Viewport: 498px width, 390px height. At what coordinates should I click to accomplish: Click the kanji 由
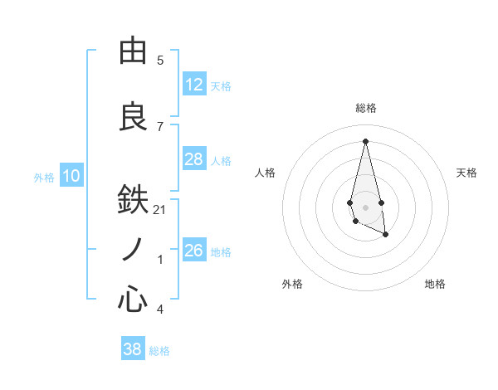tap(133, 51)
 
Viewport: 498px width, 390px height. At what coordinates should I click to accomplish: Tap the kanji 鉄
tap(133, 200)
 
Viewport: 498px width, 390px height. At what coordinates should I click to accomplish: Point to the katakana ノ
tap(133, 250)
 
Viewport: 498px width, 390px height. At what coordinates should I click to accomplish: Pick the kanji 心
tap(133, 300)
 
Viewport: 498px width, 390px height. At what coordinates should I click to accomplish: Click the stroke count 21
tap(160, 210)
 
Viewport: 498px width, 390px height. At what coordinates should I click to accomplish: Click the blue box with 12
tap(193, 85)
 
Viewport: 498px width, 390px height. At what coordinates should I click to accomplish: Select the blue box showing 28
tap(193, 159)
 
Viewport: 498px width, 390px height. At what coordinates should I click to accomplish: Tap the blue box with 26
tap(193, 250)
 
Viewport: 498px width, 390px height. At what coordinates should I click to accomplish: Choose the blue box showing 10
tap(71, 176)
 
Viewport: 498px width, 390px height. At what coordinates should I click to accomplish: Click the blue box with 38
tap(132, 349)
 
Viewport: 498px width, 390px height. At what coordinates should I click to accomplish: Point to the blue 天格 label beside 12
tap(221, 86)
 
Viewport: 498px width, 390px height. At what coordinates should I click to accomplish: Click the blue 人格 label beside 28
tap(221, 161)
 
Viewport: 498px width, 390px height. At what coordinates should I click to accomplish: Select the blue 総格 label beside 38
tap(159, 351)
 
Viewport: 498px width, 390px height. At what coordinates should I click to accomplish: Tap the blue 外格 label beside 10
tap(44, 178)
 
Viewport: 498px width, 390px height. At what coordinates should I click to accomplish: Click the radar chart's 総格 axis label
tap(365, 108)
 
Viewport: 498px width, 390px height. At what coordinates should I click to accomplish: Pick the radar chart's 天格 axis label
tap(467, 173)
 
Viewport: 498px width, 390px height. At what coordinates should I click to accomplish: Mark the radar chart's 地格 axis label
tap(435, 284)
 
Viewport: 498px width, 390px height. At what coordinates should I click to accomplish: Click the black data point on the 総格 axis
tap(365, 141)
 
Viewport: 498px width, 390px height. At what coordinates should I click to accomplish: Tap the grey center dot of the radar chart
tap(365, 206)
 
